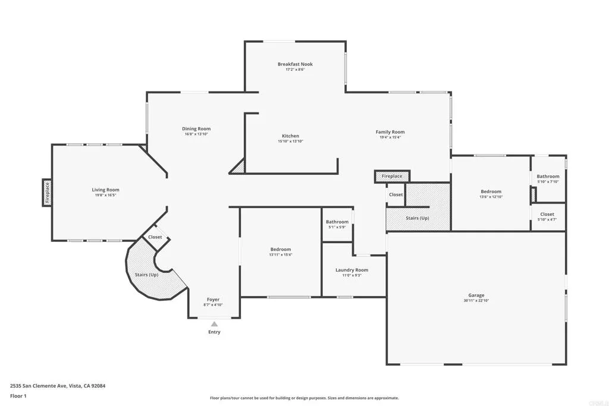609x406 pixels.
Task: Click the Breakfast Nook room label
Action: [x=295, y=64]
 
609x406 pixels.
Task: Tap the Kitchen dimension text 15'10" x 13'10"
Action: [x=290, y=141]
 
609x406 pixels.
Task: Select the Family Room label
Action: [x=390, y=132]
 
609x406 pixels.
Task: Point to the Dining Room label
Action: [x=196, y=129]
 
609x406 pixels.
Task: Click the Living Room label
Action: [x=105, y=190]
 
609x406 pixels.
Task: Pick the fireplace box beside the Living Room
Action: [x=47, y=193]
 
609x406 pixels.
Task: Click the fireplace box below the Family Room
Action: [x=391, y=177]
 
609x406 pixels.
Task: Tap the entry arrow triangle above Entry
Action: [x=214, y=324]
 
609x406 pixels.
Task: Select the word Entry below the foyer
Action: [x=214, y=332]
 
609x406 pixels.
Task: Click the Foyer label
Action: [x=213, y=300]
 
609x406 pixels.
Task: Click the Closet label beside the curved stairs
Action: [x=155, y=237]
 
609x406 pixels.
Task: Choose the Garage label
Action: [x=476, y=295]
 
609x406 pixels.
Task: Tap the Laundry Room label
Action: [x=351, y=270]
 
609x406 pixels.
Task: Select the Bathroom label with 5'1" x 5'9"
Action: [x=337, y=222]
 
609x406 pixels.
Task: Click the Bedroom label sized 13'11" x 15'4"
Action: [x=281, y=249]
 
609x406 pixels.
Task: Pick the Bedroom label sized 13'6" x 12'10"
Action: [x=491, y=191]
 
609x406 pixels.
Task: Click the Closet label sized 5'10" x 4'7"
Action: [x=547, y=214]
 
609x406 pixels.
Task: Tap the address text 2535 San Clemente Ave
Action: [x=58, y=386]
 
